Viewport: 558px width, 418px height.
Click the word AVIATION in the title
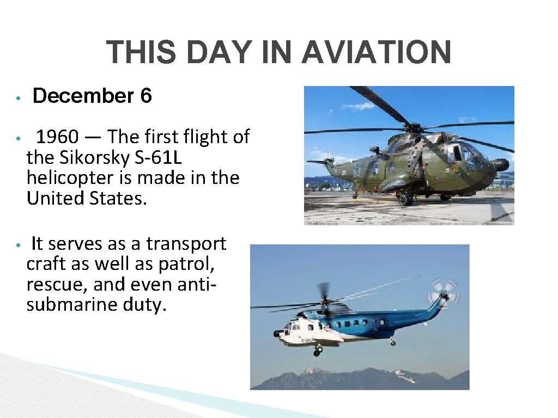(x=377, y=53)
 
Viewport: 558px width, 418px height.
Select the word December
(x=83, y=96)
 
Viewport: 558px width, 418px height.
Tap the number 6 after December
(x=146, y=96)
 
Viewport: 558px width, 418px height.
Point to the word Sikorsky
(x=88, y=158)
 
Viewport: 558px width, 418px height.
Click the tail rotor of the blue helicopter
(x=443, y=293)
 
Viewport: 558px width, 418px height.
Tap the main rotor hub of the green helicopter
(x=415, y=128)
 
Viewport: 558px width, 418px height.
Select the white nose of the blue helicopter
(x=283, y=333)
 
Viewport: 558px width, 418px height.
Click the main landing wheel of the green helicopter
(x=404, y=200)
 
